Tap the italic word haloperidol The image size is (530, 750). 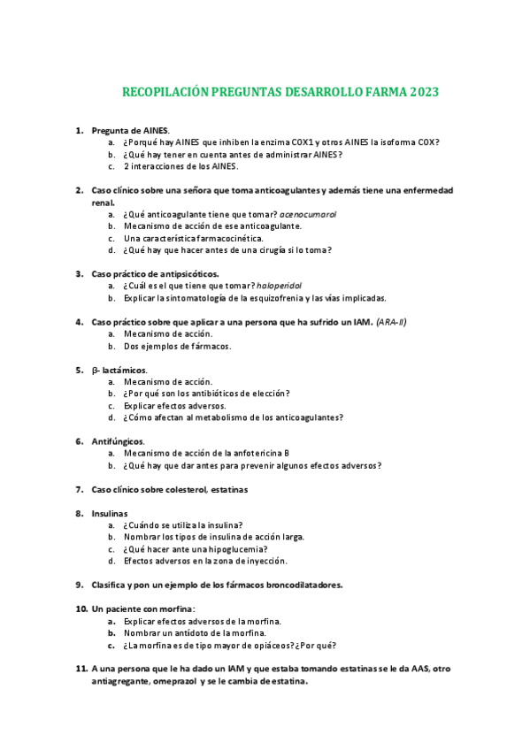(279, 286)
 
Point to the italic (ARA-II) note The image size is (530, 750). (389, 322)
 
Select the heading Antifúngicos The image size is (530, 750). (119, 440)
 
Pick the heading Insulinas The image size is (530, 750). (110, 513)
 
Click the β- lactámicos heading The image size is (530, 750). (119, 369)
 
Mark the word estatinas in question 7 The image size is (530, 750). (229, 489)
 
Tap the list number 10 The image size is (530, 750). (81, 608)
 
